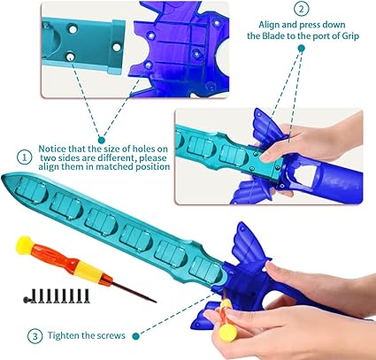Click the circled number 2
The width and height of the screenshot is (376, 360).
coord(301,9)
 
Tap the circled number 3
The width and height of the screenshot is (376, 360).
coord(35,336)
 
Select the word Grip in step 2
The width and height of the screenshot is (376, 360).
coord(350,36)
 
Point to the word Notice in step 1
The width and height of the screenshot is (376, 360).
coord(52,149)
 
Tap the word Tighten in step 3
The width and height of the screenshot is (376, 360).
coord(62,335)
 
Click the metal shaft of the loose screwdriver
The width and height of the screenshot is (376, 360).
coord(134,292)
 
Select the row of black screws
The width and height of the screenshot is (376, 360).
coord(57,295)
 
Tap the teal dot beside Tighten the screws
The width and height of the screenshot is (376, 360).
coord(135,335)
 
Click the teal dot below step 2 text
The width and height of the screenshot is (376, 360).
coord(301,49)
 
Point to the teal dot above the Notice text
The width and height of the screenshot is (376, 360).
coord(101,140)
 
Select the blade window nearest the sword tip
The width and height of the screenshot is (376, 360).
coord(31,190)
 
